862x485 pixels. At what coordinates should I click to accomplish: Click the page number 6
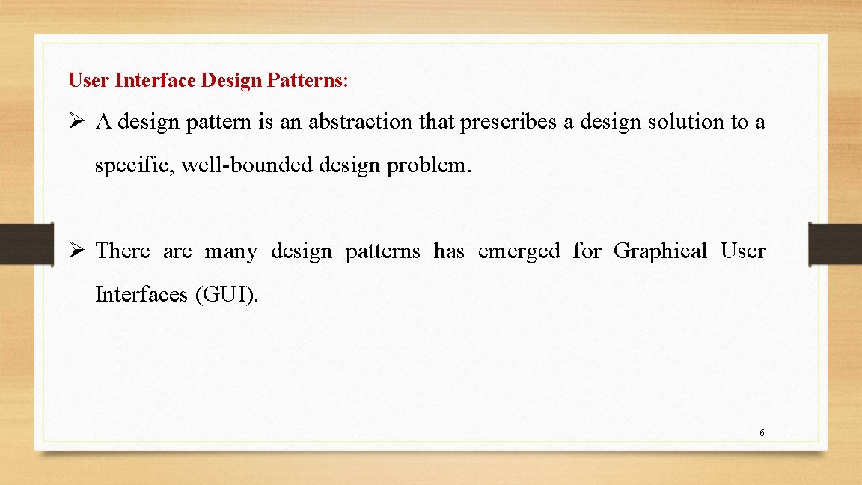761,433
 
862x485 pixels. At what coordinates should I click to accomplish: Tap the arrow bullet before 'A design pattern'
76,122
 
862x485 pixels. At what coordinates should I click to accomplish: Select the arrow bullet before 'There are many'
76,251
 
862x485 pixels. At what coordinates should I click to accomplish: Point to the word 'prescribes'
508,122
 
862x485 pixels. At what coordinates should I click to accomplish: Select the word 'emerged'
519,251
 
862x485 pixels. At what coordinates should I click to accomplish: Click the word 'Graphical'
660,251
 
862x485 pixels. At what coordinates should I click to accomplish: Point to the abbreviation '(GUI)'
227,295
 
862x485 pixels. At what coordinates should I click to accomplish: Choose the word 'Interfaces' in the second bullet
141,295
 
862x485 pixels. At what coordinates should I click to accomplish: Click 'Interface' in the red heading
156,80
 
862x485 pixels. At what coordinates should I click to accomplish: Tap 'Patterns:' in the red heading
307,80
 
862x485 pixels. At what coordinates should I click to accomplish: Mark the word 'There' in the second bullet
123,251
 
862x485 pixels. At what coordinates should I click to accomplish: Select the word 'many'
230,251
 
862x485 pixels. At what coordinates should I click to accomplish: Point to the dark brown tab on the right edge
835,243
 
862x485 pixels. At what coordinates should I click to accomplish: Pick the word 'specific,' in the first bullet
131,165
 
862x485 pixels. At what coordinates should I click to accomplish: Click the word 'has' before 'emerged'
449,251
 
